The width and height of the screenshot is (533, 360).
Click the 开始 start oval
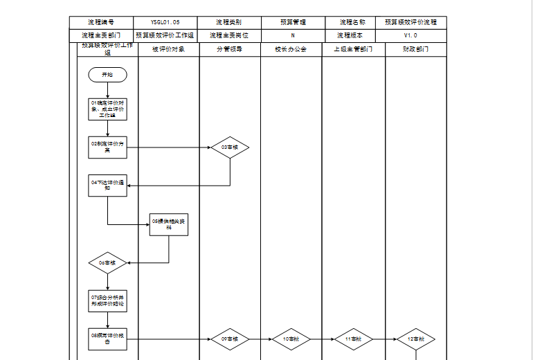107,74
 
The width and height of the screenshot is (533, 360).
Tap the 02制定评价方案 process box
107,147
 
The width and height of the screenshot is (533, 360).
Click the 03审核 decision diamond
230,147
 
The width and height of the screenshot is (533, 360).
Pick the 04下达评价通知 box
107,186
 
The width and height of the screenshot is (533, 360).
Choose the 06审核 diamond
107,263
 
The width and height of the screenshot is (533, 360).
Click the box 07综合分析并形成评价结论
107,300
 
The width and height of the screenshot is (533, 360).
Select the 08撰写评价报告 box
107,339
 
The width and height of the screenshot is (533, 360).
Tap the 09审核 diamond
230,339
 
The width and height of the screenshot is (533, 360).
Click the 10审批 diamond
291,339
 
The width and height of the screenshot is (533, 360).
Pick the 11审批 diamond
353,339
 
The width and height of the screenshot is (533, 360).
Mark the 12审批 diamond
415,339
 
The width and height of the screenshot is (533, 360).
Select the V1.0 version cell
410,35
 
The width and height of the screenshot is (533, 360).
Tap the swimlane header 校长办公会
291,50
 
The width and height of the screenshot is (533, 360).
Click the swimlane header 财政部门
415,50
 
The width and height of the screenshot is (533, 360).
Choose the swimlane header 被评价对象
169,50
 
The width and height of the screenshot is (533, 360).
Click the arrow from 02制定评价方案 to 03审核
170,147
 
